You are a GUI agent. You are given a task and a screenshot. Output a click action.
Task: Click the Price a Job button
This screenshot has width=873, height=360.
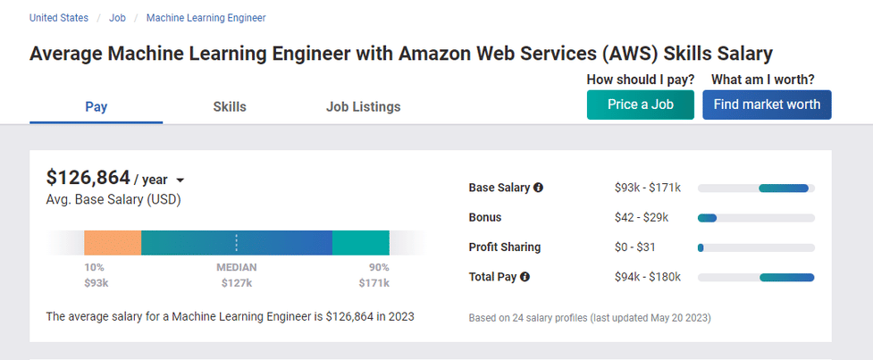point(640,105)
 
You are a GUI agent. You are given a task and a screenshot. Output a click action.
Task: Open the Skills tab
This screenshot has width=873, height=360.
point(230,107)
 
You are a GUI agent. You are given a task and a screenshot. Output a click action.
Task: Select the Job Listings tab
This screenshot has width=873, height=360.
point(363,107)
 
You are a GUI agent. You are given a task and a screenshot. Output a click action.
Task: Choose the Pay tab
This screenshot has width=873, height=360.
point(97,107)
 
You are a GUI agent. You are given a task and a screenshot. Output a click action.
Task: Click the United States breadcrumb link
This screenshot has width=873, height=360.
point(59,18)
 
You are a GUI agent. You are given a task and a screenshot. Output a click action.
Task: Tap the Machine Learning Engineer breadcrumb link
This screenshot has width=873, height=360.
point(206,18)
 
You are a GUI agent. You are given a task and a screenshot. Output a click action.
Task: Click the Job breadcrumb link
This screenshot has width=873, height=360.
point(117,18)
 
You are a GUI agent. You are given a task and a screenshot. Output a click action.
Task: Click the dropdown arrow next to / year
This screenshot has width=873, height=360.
point(180,180)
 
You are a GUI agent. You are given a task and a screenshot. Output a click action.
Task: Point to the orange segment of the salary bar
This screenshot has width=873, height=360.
point(113,243)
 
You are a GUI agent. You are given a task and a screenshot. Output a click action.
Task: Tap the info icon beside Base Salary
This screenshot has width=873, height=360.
point(538,188)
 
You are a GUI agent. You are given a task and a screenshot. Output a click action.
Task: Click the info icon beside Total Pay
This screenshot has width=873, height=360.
point(525,277)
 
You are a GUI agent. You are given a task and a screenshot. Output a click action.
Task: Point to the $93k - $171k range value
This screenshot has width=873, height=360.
point(648,188)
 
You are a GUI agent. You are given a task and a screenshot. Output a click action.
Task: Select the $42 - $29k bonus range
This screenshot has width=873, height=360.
point(642,217)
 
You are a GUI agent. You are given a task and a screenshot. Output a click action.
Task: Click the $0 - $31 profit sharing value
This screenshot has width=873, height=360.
point(635,247)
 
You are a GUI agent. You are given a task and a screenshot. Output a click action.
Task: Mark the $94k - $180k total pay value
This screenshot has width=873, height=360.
point(648,277)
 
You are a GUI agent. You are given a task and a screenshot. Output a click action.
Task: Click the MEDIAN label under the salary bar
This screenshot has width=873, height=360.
point(236,267)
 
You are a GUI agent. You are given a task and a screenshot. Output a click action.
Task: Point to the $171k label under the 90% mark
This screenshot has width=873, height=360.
point(374,283)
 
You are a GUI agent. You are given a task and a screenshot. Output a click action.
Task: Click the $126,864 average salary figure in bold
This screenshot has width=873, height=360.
point(88,177)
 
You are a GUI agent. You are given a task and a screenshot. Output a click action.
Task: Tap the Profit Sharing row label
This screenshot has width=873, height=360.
point(505,247)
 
